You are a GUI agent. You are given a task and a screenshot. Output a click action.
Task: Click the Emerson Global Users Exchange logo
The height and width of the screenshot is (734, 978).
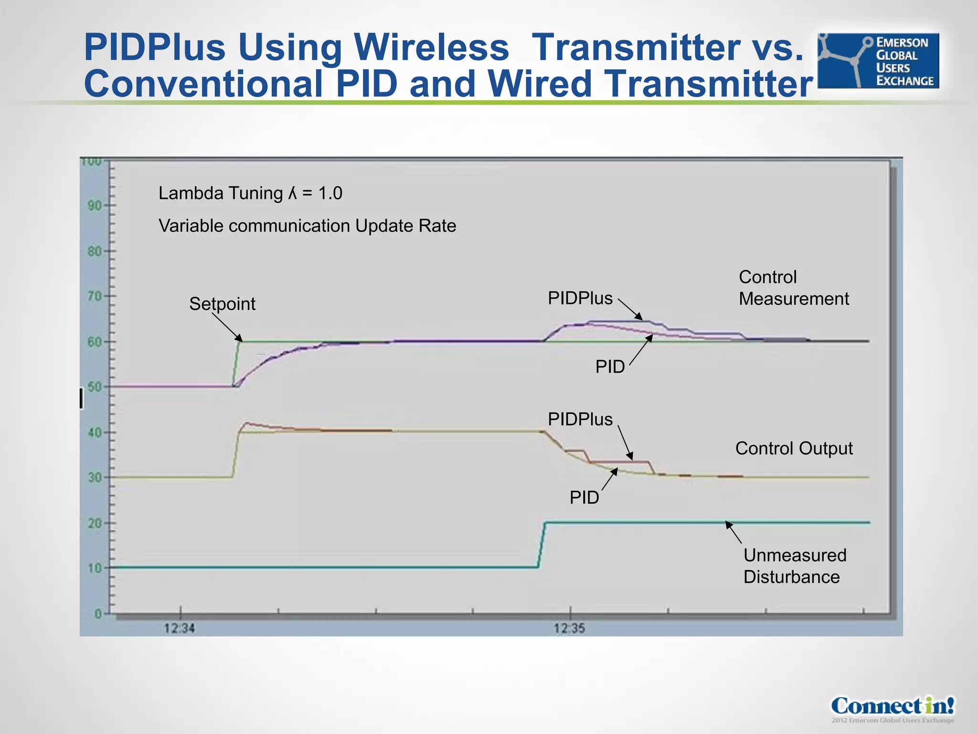pos(878,61)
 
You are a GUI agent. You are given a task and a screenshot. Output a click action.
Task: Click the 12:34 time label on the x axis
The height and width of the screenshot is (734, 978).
pos(180,628)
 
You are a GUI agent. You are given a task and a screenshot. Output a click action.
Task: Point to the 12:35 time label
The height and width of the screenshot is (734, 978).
pos(569,628)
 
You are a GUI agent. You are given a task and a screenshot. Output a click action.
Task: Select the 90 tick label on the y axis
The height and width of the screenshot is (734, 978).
pos(95,206)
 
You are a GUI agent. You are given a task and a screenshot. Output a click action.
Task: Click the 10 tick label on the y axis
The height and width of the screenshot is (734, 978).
pos(95,568)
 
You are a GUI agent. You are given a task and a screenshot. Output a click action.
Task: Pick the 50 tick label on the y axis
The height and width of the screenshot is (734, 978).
pos(95,387)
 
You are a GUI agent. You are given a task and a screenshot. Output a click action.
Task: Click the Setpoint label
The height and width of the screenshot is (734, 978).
pos(222,304)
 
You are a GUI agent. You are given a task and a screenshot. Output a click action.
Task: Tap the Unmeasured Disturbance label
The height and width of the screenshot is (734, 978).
pos(795,566)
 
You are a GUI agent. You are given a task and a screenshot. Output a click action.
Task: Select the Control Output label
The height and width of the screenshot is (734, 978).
pos(794,448)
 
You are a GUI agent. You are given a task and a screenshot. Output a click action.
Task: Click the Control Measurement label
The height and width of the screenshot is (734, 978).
pos(793,288)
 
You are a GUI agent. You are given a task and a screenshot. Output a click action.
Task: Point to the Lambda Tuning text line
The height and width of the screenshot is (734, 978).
pos(250,193)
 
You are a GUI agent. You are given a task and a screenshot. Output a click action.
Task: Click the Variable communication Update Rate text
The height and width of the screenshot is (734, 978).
pos(307,226)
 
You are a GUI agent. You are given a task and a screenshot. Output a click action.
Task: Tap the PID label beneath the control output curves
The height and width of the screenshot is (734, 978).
pos(584,497)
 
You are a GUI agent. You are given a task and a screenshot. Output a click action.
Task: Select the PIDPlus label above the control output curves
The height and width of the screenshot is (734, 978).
pos(580,419)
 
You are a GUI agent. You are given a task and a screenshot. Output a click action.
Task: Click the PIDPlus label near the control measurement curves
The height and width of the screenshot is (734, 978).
pos(580,298)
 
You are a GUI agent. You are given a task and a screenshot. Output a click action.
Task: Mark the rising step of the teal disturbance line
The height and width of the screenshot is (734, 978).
pos(542,545)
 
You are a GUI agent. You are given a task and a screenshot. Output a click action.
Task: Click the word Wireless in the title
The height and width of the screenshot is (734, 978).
pos(431,47)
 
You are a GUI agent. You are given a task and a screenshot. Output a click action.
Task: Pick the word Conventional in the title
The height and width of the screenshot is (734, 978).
pos(203,84)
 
